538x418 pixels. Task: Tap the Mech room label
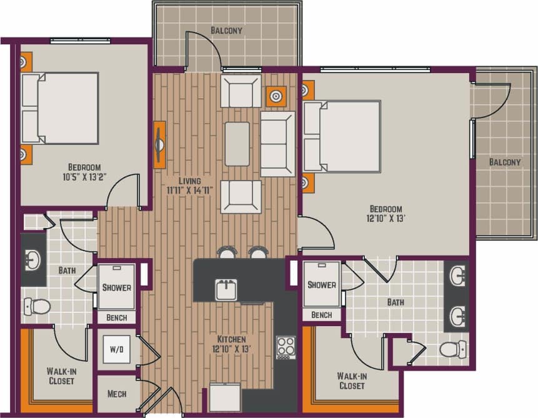(117, 394)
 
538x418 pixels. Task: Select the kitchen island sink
(226, 289)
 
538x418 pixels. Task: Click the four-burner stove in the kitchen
(286, 347)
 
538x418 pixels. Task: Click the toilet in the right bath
(452, 349)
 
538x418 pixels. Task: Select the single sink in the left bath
(32, 261)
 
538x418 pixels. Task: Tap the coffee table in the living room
(237, 144)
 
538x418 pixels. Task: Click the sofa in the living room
(277, 144)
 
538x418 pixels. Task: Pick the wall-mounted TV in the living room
(159, 144)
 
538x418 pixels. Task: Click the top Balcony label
(226, 30)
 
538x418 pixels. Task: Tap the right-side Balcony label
(504, 162)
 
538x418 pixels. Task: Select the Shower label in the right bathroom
(322, 285)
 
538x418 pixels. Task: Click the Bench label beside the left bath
(116, 317)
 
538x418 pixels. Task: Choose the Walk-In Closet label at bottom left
(61, 376)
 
